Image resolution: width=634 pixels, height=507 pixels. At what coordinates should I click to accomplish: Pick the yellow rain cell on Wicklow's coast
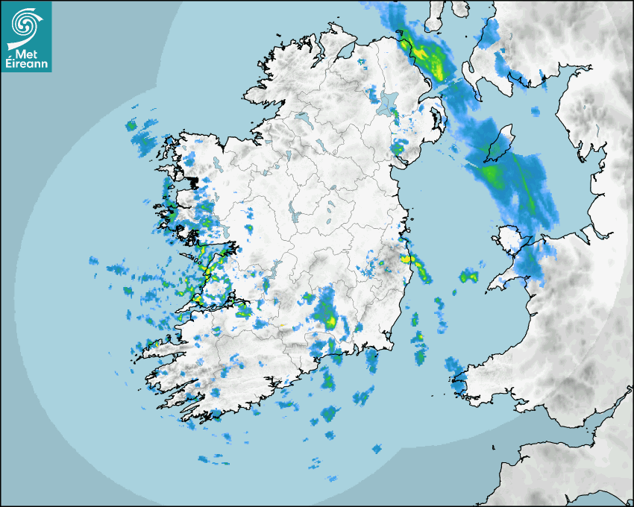[x=407, y=259]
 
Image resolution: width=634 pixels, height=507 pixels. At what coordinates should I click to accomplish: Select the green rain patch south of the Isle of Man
[x=492, y=175]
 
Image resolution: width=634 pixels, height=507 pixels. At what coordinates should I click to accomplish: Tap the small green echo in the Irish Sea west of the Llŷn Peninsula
[x=468, y=277]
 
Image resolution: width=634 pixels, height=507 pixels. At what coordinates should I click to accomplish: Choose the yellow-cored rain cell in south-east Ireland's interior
[x=329, y=321]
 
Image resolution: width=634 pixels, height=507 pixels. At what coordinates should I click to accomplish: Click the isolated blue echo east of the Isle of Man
[x=534, y=112]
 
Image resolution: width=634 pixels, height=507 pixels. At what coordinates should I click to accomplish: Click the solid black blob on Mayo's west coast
[x=193, y=181]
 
